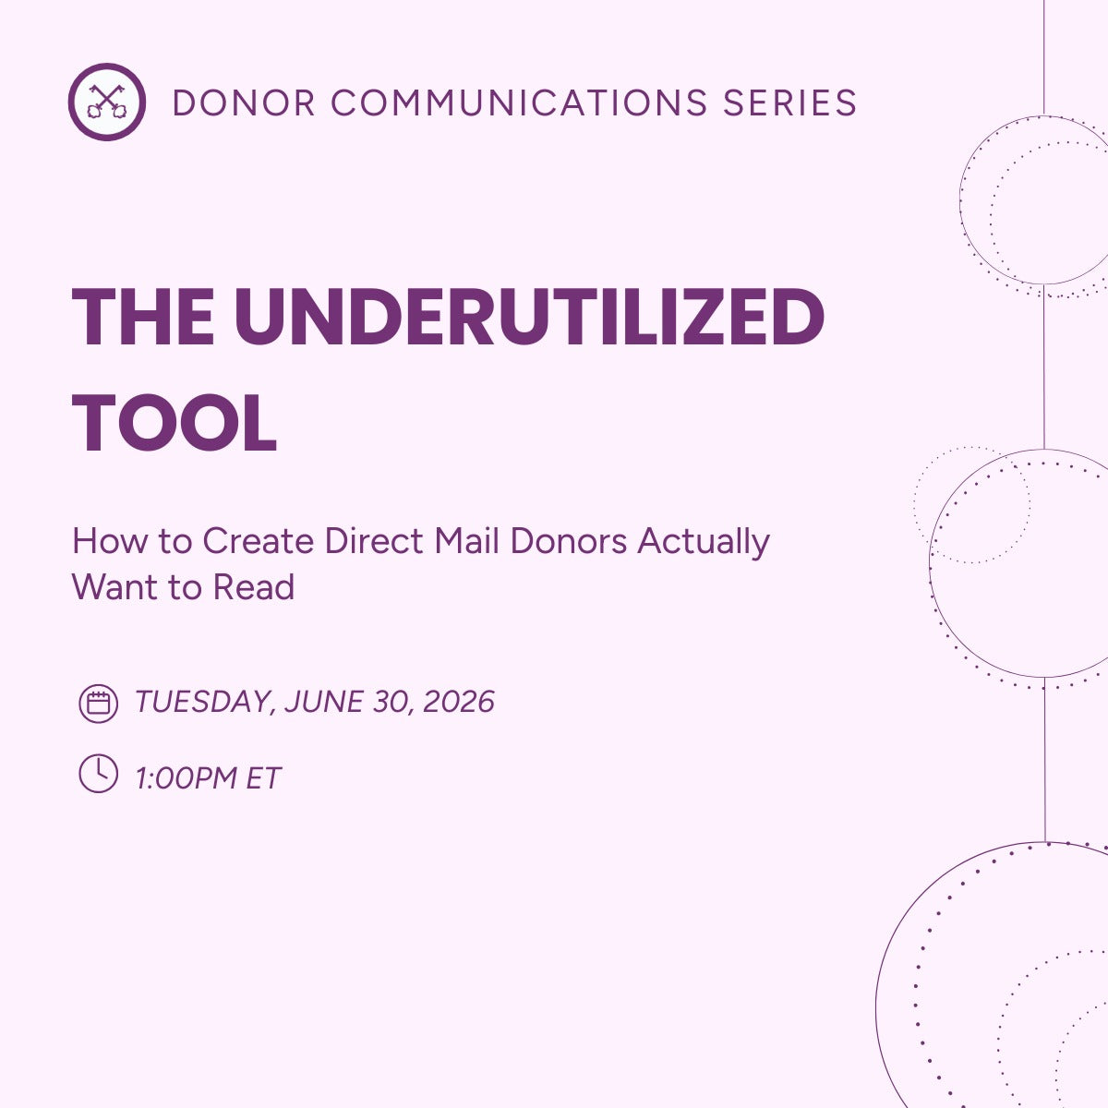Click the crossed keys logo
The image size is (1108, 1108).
pos(106,102)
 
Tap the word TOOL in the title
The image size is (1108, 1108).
pos(175,424)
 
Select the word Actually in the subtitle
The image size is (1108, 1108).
pos(704,541)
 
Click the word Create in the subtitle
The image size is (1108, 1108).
pos(259,541)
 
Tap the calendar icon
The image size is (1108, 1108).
pos(98,704)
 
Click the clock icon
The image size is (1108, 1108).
pos(98,774)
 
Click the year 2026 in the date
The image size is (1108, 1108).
pos(459,703)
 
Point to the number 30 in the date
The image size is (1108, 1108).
pos(391,703)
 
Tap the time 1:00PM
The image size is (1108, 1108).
pos(187,778)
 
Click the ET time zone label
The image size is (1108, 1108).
pos(263,778)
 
